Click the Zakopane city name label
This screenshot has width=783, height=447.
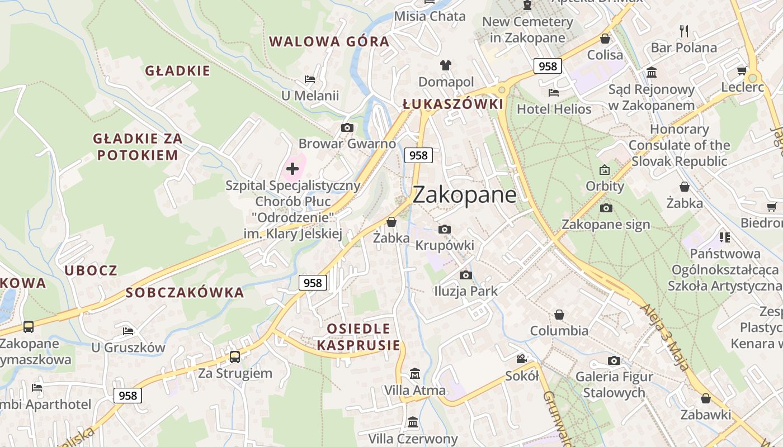coord(464,194)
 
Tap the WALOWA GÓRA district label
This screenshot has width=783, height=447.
coord(329,41)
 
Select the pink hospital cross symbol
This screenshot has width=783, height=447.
coord(293,168)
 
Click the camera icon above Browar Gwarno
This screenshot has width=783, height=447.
coord(347,127)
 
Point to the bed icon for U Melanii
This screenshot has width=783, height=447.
coord(310,79)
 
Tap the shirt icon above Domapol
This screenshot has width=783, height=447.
coord(445,65)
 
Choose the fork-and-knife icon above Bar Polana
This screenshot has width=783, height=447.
coord(683,31)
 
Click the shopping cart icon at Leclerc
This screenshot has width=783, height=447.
coord(742,70)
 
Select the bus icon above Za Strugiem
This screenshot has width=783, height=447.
coord(235,356)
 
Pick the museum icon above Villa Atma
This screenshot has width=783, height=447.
coord(415,373)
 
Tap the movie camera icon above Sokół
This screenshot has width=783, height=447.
coord(521,359)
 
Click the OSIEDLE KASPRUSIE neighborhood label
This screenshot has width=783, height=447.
coord(359,336)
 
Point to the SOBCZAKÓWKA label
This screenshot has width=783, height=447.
coord(185,292)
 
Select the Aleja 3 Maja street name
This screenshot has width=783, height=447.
coord(666,337)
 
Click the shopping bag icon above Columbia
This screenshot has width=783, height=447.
coord(559,315)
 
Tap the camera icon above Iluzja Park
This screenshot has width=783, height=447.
coord(465,275)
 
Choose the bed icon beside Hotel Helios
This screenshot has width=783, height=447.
coord(554,93)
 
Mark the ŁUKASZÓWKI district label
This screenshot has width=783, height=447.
coord(453,104)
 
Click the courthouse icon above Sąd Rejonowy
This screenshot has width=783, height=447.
coord(652,73)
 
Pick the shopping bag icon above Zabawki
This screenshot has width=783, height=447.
coord(706,398)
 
